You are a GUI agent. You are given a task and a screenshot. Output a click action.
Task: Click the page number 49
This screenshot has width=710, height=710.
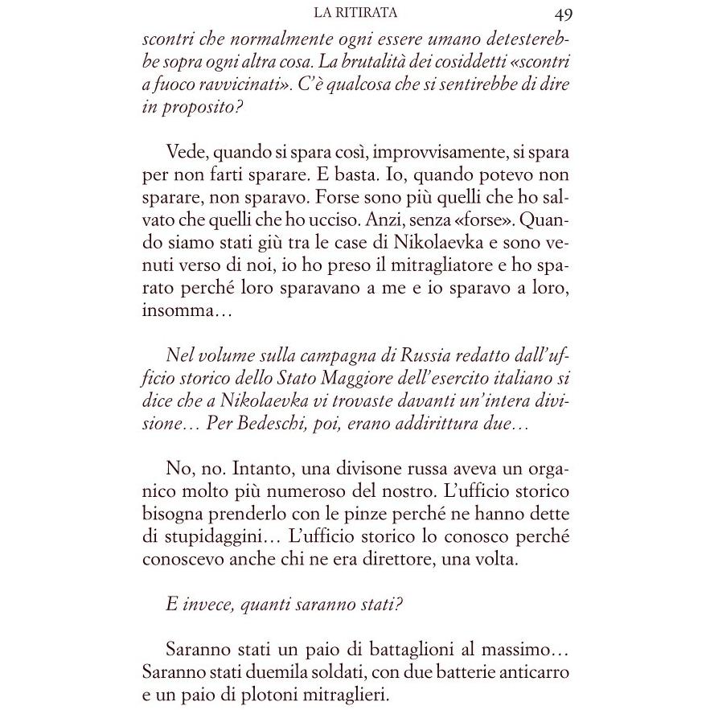tap(562, 14)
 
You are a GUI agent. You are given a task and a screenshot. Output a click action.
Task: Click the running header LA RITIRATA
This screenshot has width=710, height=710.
tap(358, 14)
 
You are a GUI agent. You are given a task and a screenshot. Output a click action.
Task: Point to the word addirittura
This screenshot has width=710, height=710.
tap(452, 421)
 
